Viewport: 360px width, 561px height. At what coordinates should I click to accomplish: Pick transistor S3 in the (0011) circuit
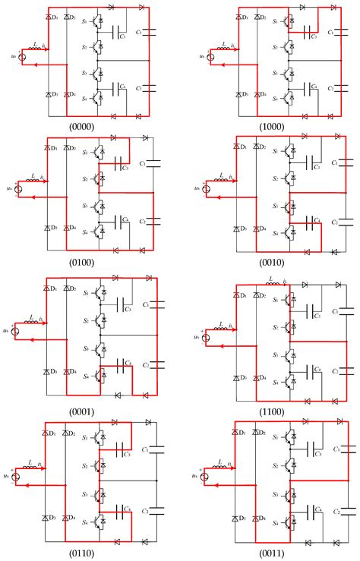[290, 494]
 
